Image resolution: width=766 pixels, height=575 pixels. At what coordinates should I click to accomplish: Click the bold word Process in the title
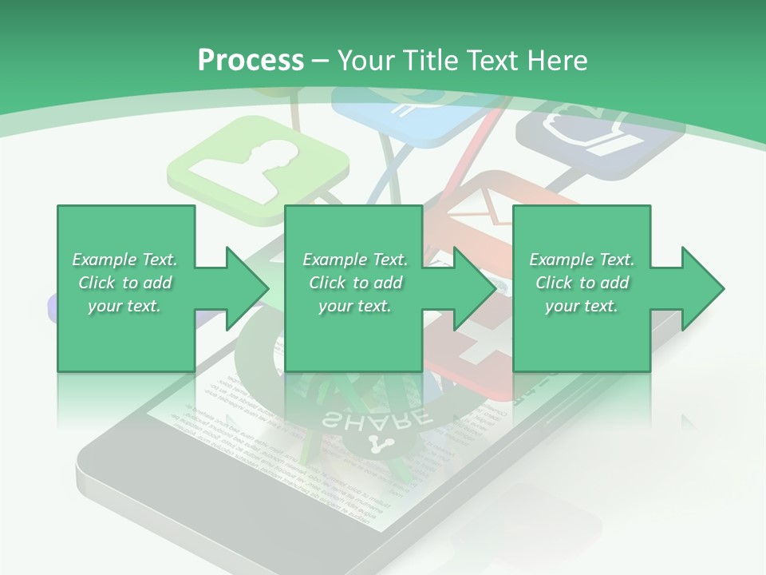pos(251,60)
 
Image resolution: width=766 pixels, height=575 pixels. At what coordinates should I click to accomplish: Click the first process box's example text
pos(125,283)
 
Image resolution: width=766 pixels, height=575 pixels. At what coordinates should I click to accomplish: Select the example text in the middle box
pos(355,283)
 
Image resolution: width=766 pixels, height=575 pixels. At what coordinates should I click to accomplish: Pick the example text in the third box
pos(582,283)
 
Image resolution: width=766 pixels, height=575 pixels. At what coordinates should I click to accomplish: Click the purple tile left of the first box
pos(52,307)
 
